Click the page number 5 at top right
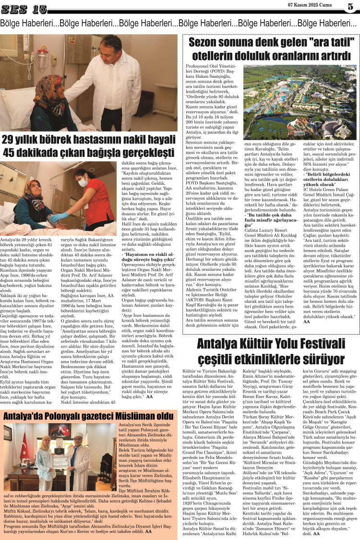[350, 7]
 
